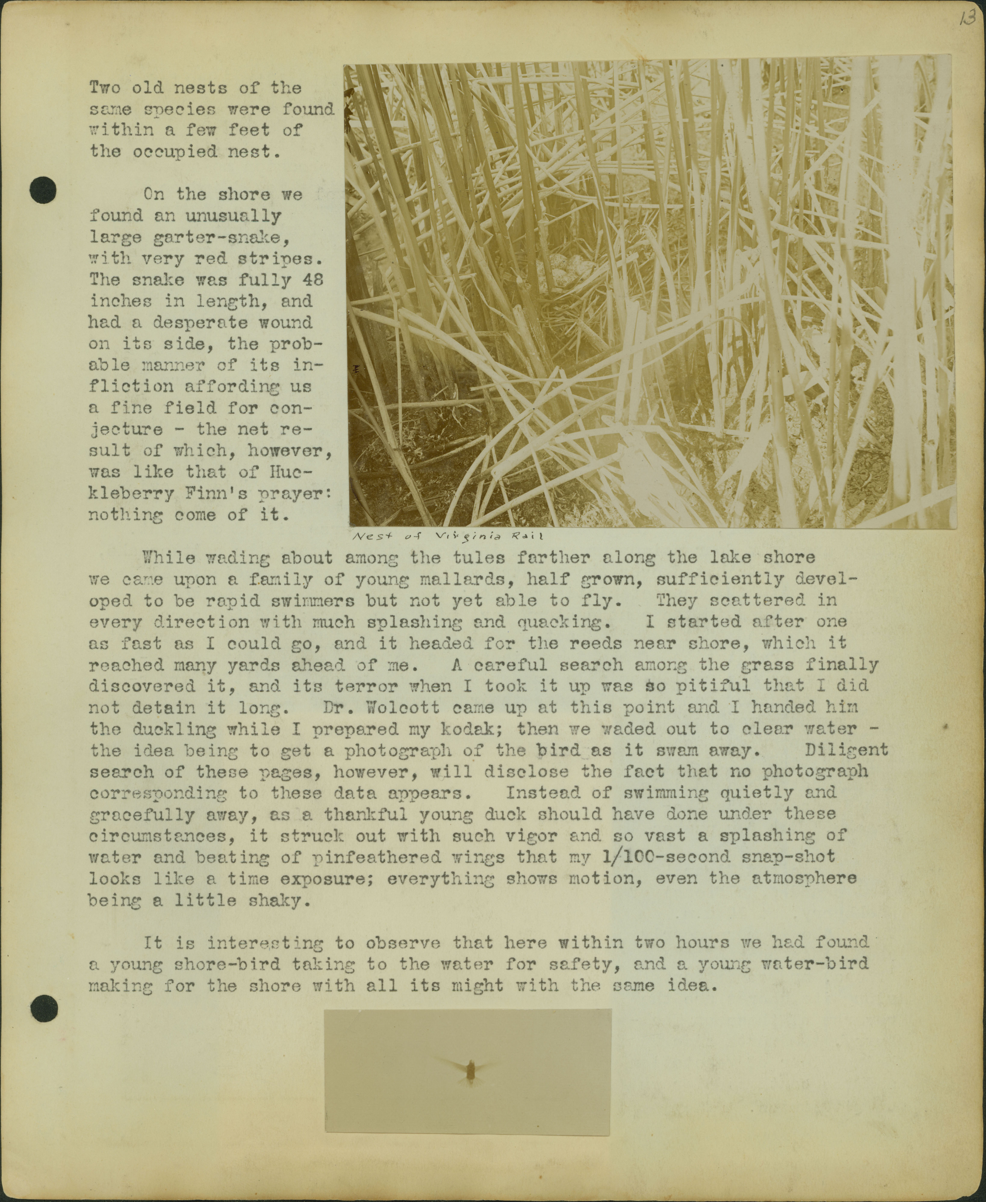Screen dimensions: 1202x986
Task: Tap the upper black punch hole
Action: [x=43, y=190]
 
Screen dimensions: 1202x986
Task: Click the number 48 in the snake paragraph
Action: [x=312, y=280]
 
